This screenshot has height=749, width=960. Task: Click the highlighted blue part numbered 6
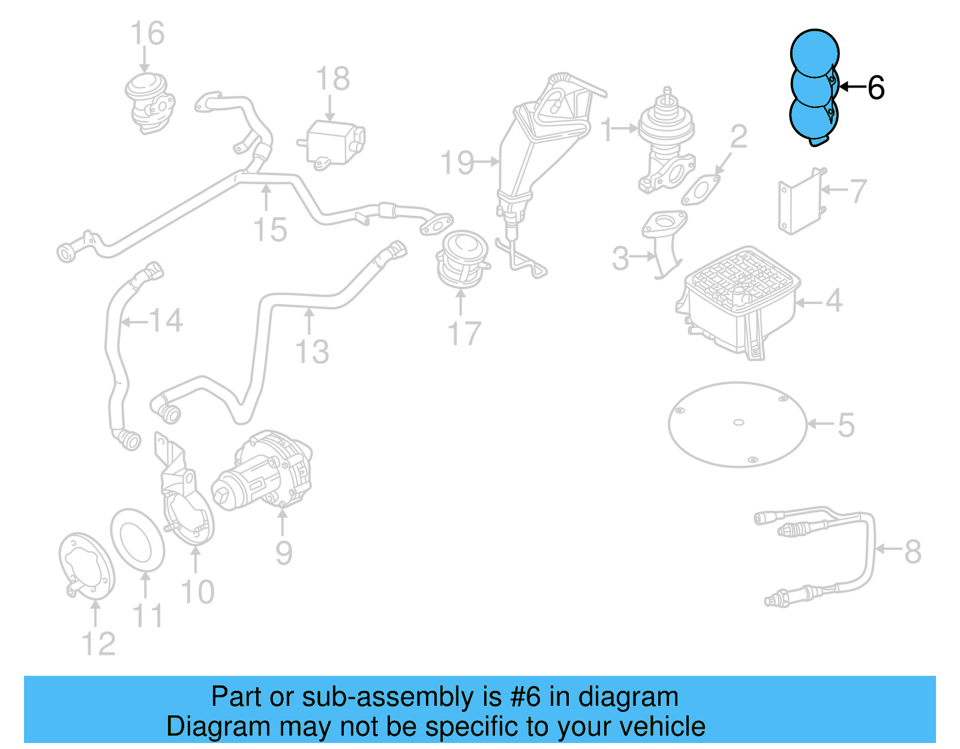[x=813, y=87]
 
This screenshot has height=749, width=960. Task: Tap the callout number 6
[x=876, y=88]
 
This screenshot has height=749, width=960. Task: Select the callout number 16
[x=147, y=34]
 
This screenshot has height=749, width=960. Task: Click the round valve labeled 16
[x=150, y=102]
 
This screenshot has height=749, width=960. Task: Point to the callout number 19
[x=457, y=163]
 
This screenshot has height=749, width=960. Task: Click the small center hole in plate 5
[x=739, y=422]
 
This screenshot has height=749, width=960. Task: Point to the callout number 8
[x=912, y=551]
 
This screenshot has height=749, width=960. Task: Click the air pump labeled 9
[x=264, y=474]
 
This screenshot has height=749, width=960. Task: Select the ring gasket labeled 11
[x=137, y=540]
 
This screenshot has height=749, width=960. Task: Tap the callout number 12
[x=98, y=644]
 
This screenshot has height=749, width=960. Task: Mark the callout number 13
[x=312, y=351]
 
